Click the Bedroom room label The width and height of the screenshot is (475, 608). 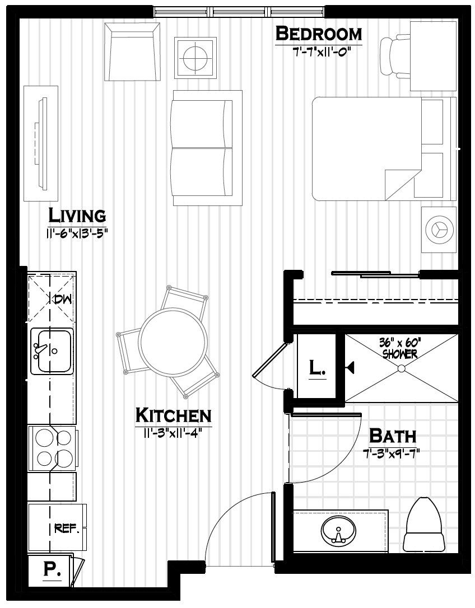click(319, 34)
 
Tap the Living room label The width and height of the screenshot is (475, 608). click(77, 215)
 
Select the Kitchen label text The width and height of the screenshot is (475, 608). click(174, 415)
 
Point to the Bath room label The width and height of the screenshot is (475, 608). click(393, 436)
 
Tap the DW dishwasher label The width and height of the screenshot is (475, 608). click(62, 299)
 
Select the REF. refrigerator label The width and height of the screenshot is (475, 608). click(67, 528)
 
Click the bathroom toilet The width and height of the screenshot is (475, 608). click(425, 525)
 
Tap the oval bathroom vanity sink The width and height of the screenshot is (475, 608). click(338, 531)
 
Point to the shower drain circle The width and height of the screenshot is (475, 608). click(401, 368)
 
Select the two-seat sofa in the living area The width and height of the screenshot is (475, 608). click(203, 148)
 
